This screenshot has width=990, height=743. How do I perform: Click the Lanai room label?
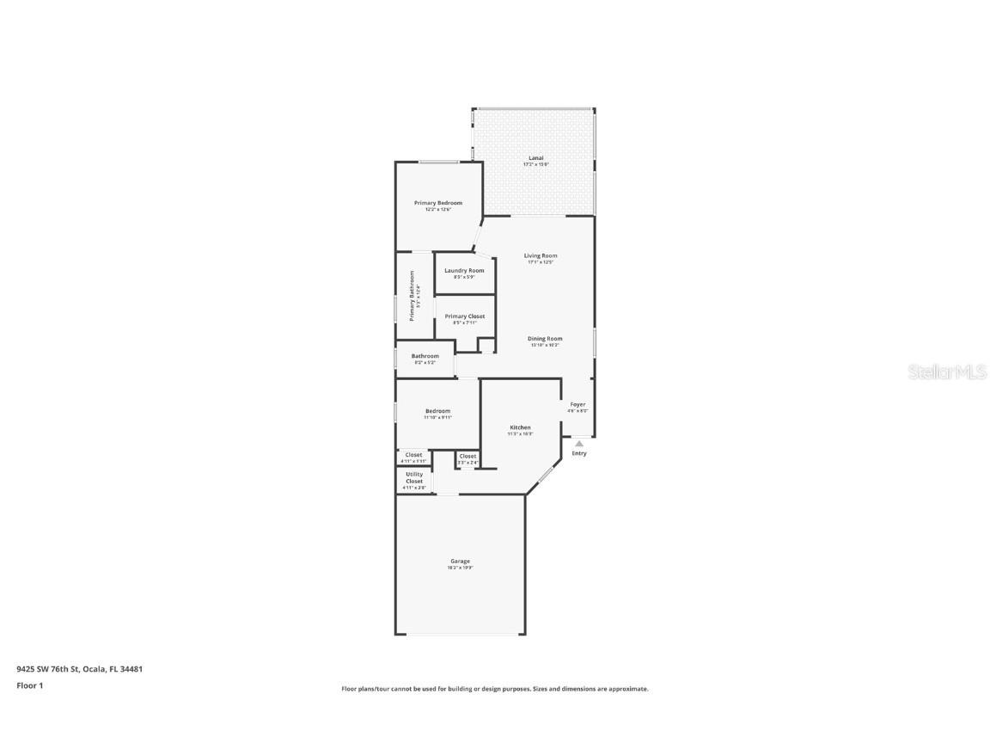535,158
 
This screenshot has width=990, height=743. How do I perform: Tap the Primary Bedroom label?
438,204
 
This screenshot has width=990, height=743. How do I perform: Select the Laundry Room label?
464,271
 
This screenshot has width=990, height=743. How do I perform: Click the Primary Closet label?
465,316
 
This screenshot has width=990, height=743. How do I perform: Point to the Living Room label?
541,256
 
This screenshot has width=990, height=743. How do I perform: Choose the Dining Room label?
545,339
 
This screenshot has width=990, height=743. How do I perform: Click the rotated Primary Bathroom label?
412,297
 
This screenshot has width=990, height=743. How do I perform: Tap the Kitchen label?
520,427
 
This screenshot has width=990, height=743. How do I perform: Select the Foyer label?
577,405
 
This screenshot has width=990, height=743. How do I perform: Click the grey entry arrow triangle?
578,444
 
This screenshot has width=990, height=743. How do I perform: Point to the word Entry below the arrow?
579,454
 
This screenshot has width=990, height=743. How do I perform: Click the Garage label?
460,562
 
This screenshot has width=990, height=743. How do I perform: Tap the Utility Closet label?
414,477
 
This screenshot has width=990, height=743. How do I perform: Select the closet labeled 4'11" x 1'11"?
413,455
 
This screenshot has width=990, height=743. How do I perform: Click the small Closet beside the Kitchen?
467,457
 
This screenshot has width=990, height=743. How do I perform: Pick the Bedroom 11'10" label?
437,412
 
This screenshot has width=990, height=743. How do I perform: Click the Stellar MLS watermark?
948,371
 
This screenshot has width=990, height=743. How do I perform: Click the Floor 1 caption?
29,685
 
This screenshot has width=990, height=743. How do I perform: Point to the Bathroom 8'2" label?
425,357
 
